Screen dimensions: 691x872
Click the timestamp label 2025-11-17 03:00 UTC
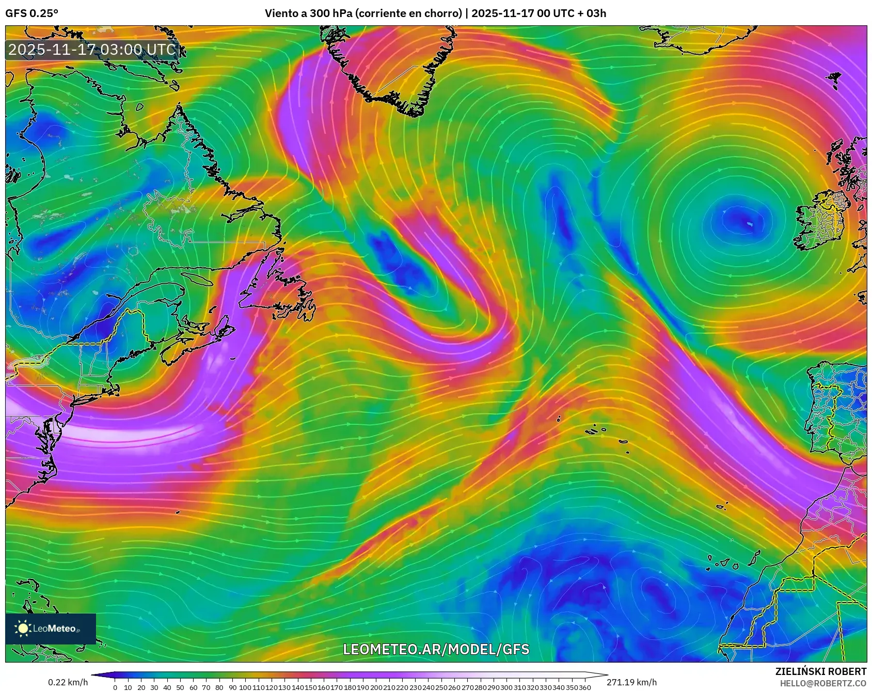(x=92, y=50)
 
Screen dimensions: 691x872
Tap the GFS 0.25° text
(x=32, y=13)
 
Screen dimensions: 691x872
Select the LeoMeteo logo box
(x=51, y=628)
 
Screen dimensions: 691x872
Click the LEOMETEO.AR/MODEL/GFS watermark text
(x=436, y=649)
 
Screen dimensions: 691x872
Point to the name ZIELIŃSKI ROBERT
(x=821, y=671)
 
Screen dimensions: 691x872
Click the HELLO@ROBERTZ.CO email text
(x=823, y=683)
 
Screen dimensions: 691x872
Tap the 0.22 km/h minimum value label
(x=68, y=682)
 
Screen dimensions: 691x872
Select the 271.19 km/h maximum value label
(x=632, y=682)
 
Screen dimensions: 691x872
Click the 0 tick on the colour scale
(x=115, y=687)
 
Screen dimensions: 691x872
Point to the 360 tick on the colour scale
(x=585, y=687)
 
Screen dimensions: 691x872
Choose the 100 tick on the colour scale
(x=245, y=687)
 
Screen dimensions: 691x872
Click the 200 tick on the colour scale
(x=376, y=687)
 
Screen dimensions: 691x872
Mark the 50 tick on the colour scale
(x=180, y=687)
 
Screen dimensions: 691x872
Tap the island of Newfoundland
(x=279, y=289)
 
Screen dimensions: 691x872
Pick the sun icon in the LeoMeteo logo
(x=23, y=628)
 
